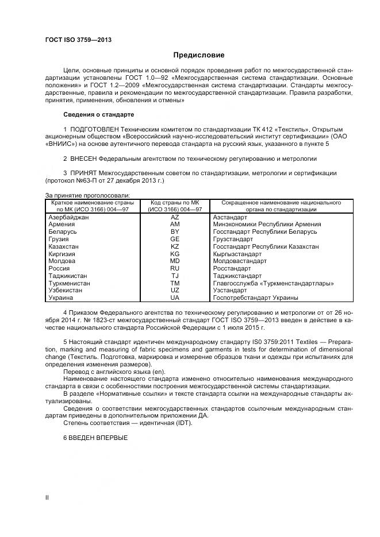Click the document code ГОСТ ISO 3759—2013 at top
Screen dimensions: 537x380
[x=78, y=40]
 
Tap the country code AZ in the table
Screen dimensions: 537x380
[x=175, y=217]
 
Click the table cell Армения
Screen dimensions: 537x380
[x=62, y=224]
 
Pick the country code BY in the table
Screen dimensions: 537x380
[x=175, y=231]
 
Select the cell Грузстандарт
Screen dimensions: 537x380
[x=233, y=239]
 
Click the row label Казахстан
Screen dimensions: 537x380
[x=64, y=246]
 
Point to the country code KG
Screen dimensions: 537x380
[x=175, y=253]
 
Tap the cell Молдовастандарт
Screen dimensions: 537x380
[x=240, y=261]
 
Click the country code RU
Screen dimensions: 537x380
[x=175, y=268]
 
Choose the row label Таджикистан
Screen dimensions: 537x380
[x=68, y=276]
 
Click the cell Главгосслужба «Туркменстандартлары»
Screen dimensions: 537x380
[x=273, y=283]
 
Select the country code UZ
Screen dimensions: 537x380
[x=175, y=291]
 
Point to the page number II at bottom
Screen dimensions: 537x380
[x=47, y=498]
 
